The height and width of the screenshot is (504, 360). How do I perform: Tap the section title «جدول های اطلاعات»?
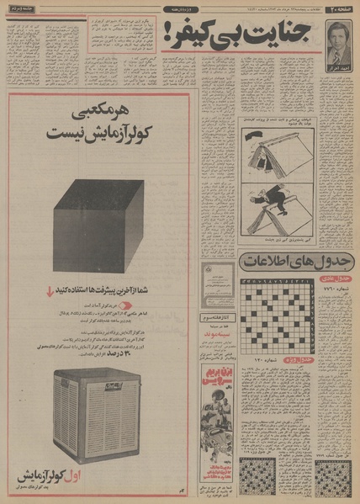coord(294,263)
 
